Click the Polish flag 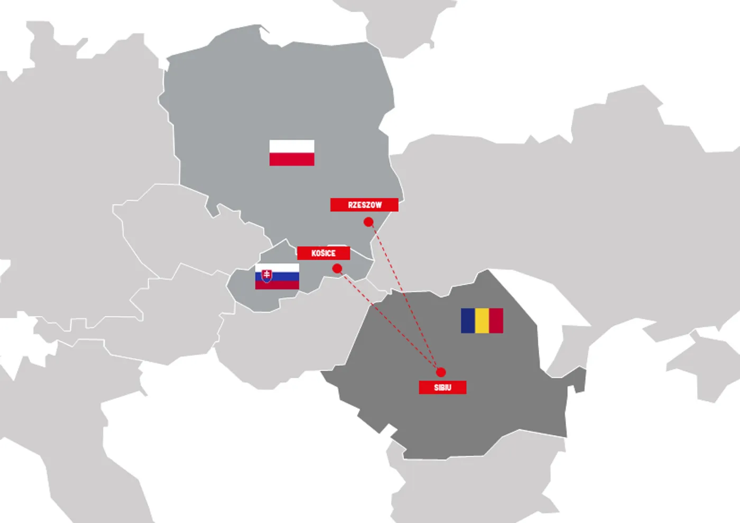pyautogui.click(x=292, y=153)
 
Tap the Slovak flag pyautogui.click(x=277, y=277)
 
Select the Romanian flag pyautogui.click(x=482, y=320)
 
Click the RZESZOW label pyautogui.click(x=364, y=205)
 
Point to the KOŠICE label pyautogui.click(x=323, y=253)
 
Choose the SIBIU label pyautogui.click(x=442, y=388)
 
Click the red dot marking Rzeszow pyautogui.click(x=368, y=222)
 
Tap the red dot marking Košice pyautogui.click(x=337, y=269)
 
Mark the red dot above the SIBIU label pyautogui.click(x=441, y=372)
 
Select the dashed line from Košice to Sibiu pyautogui.click(x=388, y=320)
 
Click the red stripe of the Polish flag pyautogui.click(x=292, y=159)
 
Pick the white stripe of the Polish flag pyautogui.click(x=292, y=146)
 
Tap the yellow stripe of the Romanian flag pyautogui.click(x=482, y=320)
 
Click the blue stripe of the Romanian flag pyautogui.click(x=468, y=320)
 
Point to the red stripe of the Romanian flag pyautogui.click(x=496, y=320)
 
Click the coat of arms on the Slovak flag pyautogui.click(x=267, y=276)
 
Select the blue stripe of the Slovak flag pyautogui.click(x=285, y=277)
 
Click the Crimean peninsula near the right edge pyautogui.click(x=698, y=365)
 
